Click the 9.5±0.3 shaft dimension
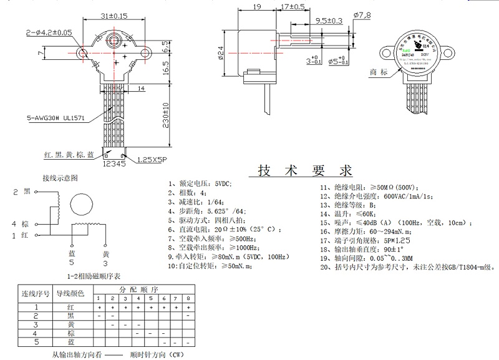[329, 21]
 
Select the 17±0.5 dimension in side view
[292, 6]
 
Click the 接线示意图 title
[60, 178]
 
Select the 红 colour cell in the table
[70, 307]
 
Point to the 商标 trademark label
[379, 72]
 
